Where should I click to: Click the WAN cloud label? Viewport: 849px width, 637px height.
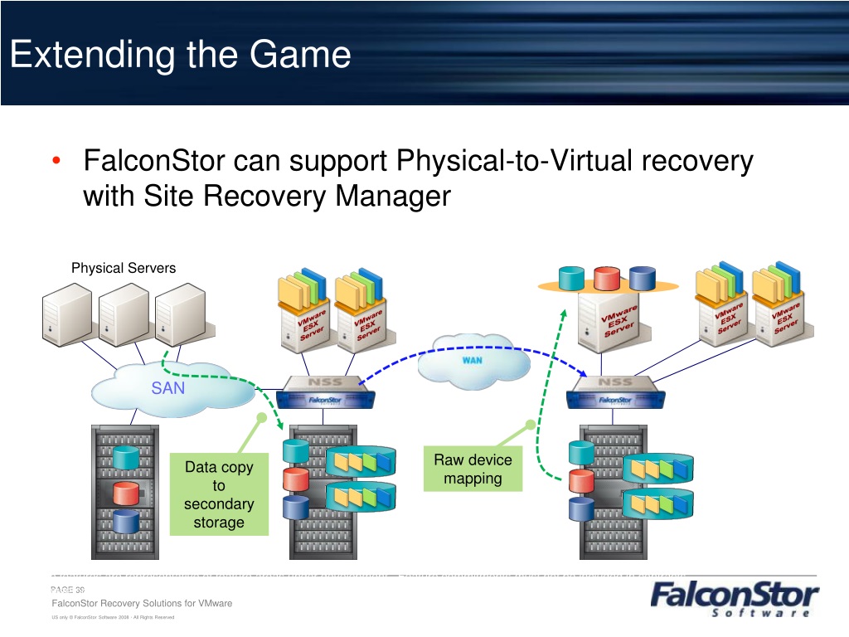[473, 361]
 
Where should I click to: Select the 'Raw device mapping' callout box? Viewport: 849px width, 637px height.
[473, 469]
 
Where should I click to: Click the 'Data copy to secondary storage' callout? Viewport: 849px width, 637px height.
[219, 494]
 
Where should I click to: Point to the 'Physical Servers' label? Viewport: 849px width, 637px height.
[123, 268]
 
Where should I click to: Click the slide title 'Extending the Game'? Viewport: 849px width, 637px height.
[181, 56]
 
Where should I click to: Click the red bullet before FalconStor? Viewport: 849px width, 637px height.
[55, 161]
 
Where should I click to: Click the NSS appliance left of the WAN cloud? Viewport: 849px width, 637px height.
[323, 392]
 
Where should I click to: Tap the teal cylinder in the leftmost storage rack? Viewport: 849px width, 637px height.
[125, 457]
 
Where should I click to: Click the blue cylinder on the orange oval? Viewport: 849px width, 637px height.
[643, 278]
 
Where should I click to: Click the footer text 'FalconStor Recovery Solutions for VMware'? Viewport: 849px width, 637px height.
[142, 603]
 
